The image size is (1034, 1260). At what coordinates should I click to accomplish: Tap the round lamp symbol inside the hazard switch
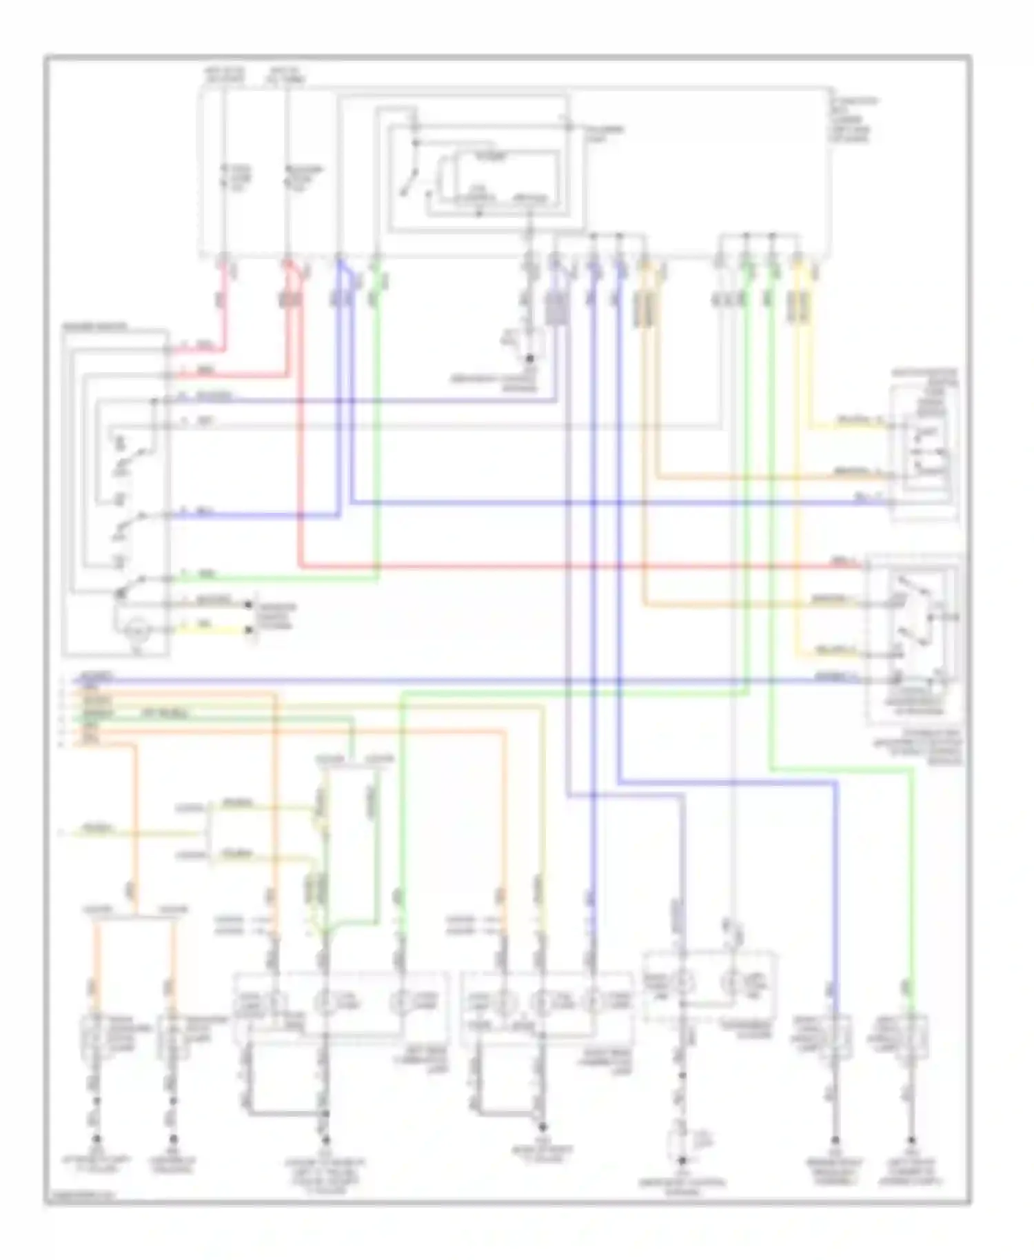tap(136, 630)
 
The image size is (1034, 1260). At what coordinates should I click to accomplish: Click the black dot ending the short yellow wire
tap(249, 630)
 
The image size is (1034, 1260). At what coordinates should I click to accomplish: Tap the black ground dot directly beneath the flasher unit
tap(529, 358)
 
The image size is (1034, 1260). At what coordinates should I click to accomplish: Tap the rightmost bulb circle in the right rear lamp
tap(591, 1002)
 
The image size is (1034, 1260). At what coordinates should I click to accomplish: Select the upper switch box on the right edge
tap(924, 451)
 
